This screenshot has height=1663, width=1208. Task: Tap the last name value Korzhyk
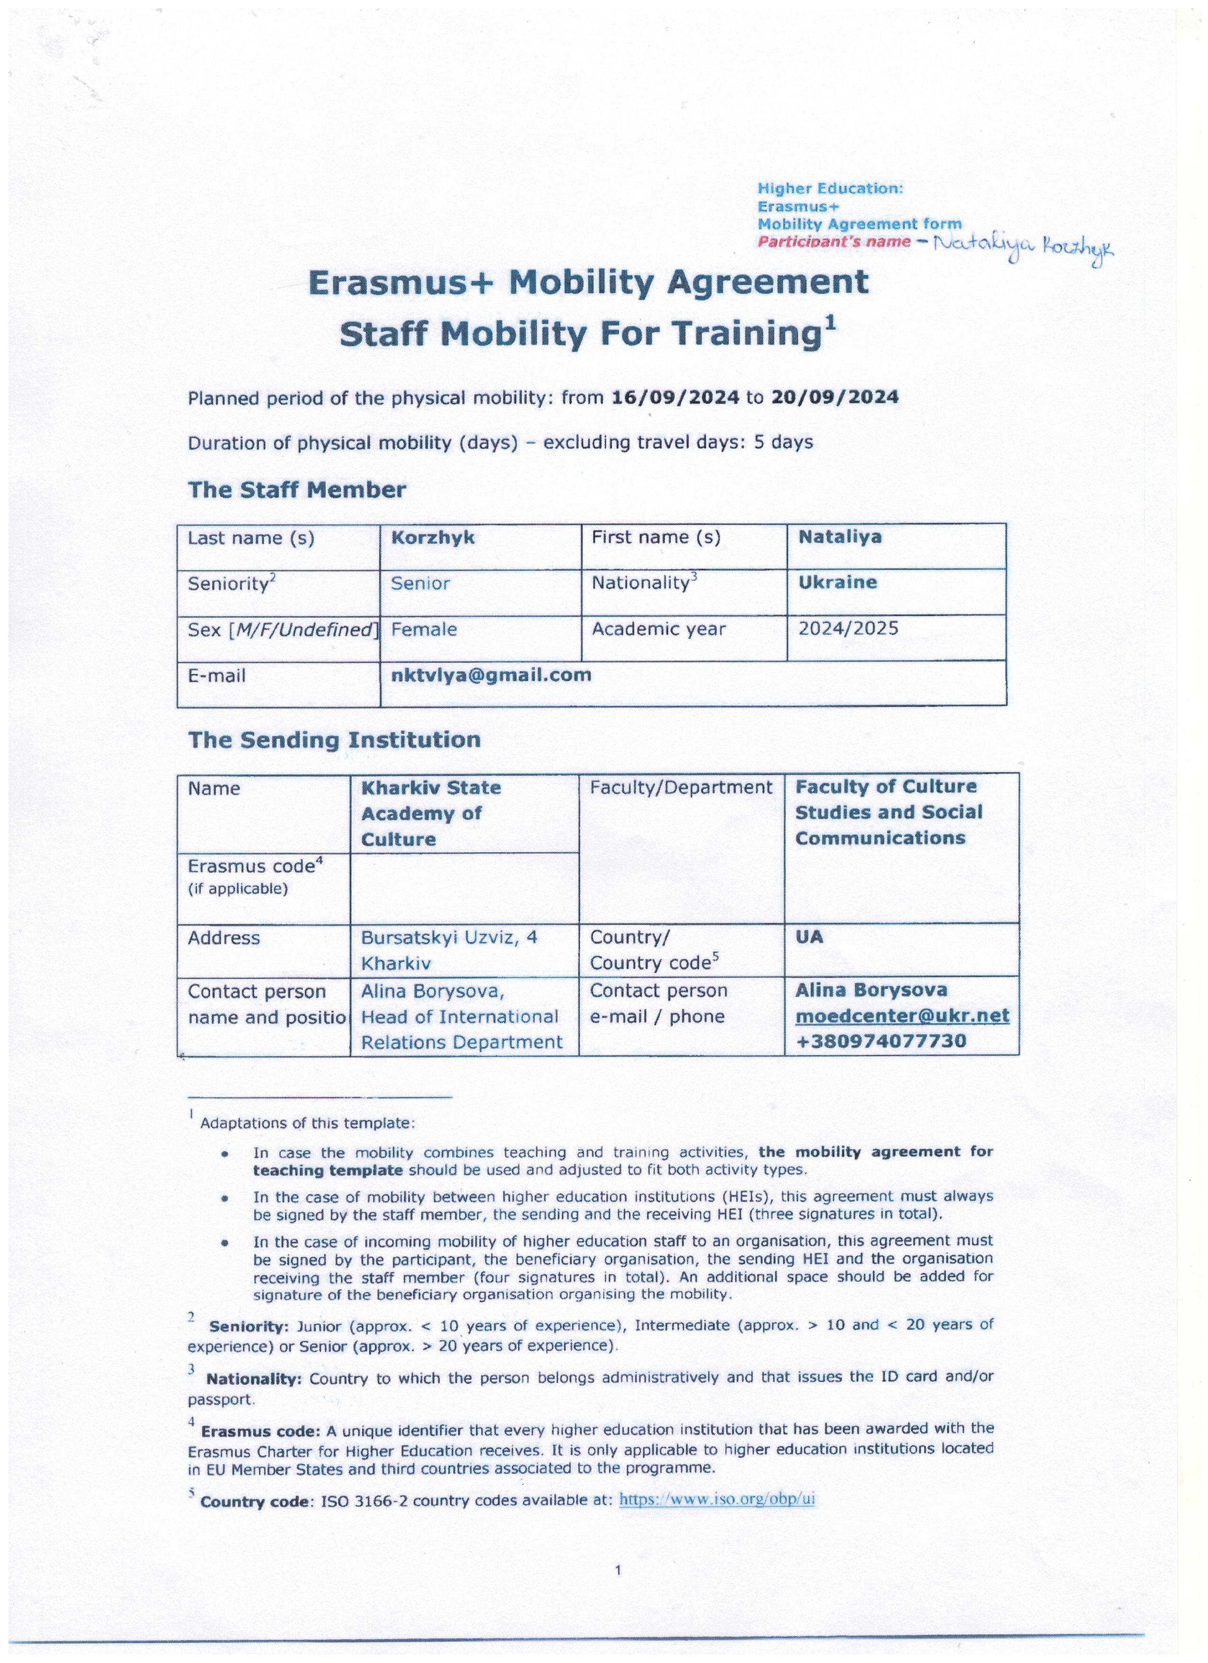433,538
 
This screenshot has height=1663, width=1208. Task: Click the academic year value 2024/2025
848,629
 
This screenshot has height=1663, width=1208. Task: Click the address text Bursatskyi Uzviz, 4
449,938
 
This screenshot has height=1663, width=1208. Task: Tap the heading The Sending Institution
334,740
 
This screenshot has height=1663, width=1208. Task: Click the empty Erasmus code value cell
464,887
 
